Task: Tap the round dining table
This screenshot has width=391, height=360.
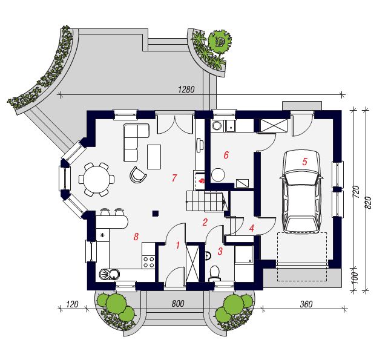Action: (96, 179)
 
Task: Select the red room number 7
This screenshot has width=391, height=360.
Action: (174, 178)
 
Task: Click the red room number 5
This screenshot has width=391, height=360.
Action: (304, 162)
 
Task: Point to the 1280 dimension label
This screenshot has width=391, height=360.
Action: (186, 90)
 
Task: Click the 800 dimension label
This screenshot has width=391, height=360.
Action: (178, 303)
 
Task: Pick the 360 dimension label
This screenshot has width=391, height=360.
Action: (306, 304)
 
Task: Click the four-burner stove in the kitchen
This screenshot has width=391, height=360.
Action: (148, 262)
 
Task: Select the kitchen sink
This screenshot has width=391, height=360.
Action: (110, 275)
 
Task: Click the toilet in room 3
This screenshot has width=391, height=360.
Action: (214, 273)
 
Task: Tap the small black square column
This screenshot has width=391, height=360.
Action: (156, 213)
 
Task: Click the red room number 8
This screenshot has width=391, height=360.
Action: (136, 237)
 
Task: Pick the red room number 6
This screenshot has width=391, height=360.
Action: (226, 155)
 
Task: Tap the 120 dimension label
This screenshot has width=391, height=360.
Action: (72, 304)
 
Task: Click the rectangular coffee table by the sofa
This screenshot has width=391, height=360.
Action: (154, 157)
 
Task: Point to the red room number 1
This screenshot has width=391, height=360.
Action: (178, 245)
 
